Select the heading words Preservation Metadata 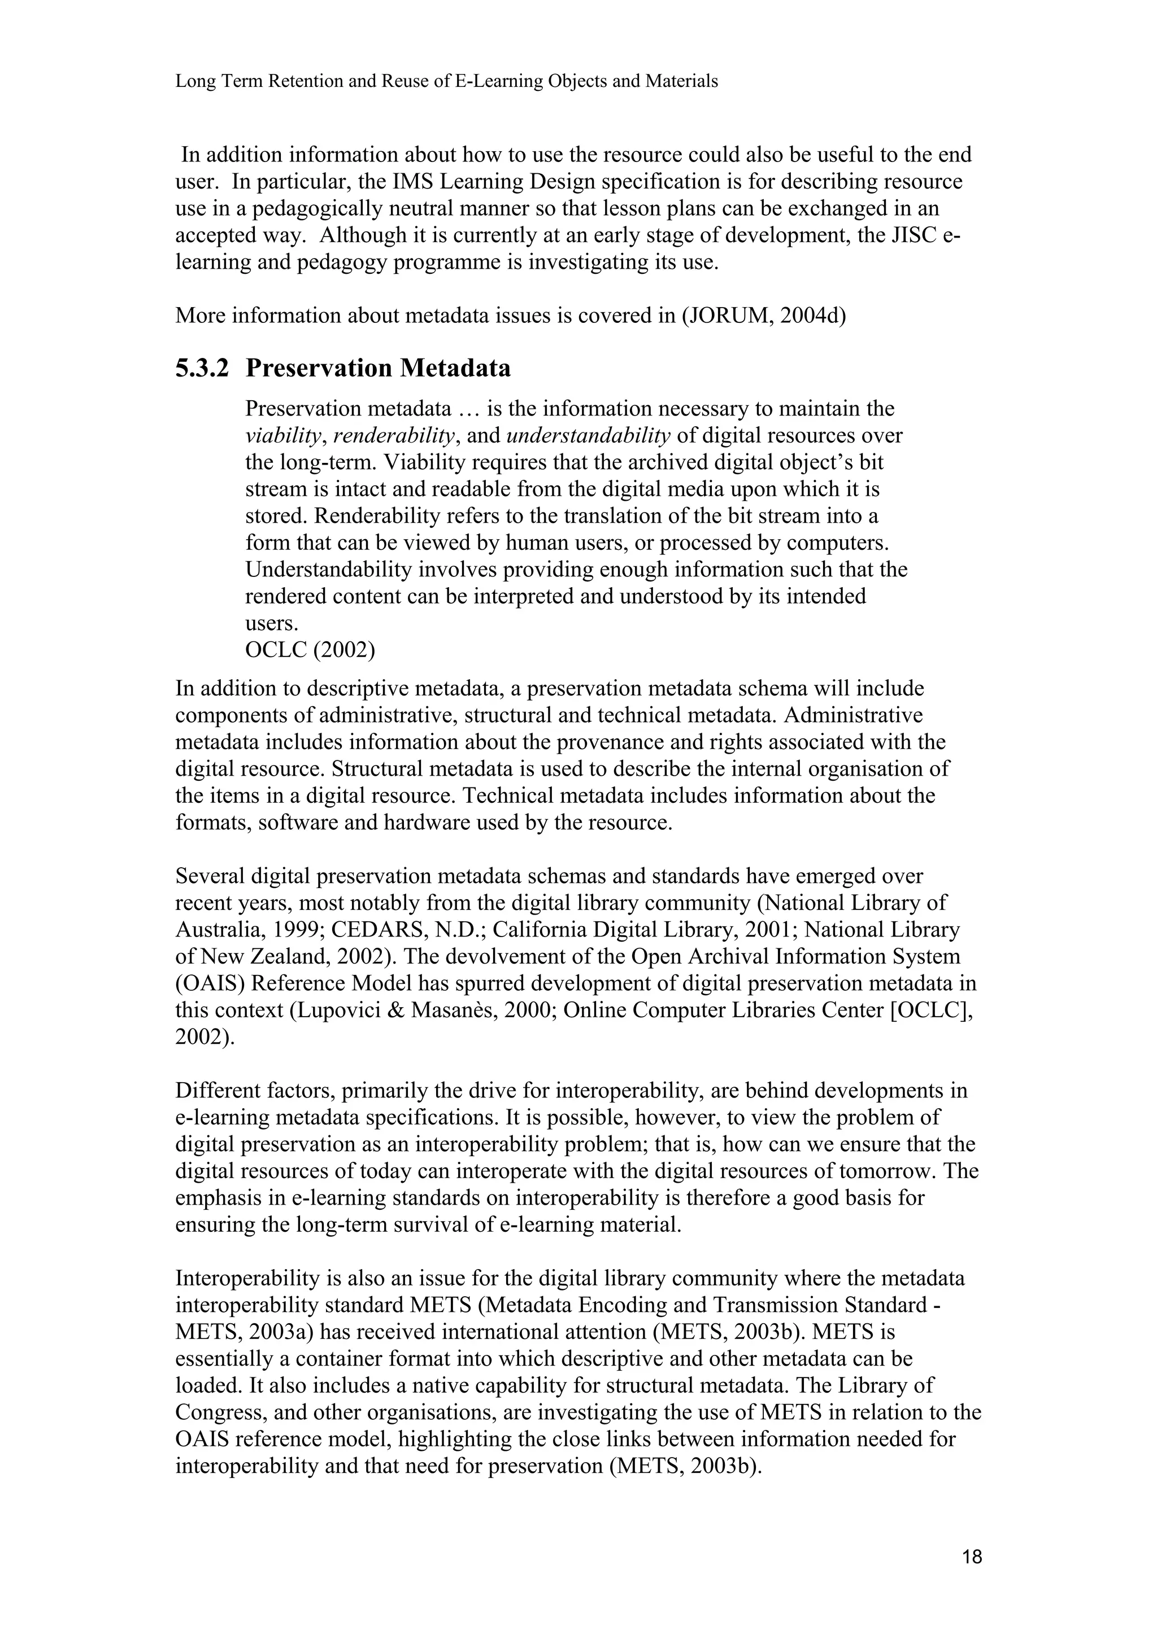click(378, 369)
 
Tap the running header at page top click(446, 81)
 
